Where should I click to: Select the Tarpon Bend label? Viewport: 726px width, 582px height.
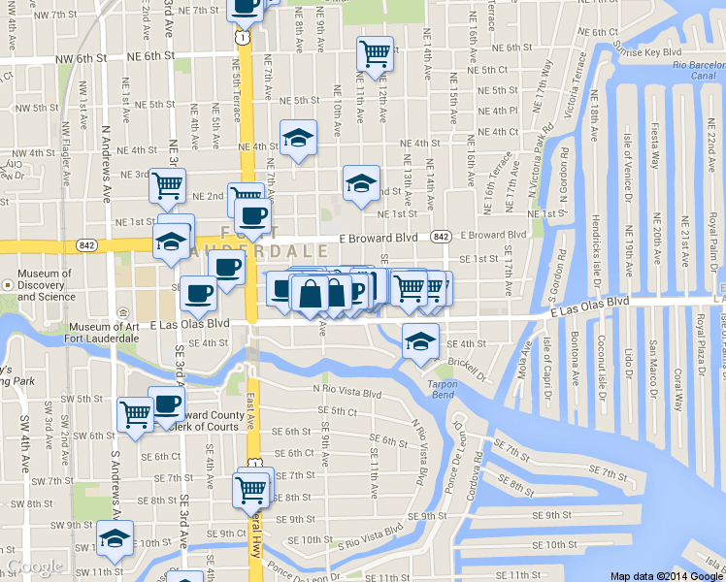(x=442, y=390)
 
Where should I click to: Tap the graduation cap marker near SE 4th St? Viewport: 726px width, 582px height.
(x=420, y=340)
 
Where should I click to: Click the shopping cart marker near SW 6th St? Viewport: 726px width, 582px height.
(x=135, y=413)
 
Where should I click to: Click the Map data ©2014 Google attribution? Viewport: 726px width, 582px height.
(x=667, y=575)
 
